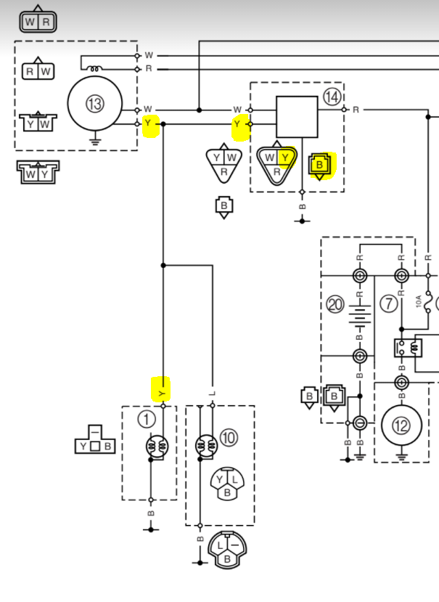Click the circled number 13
coord(95,104)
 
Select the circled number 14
coord(332,97)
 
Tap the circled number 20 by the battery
coord(335,305)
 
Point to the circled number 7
coord(389,304)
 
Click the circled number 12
coord(401,425)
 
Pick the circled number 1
coord(146,419)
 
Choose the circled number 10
coord(229,438)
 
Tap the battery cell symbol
coord(360,316)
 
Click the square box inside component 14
coord(297,117)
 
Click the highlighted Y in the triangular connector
coord(285,158)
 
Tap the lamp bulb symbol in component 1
coord(157,447)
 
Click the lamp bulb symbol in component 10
coord(206,446)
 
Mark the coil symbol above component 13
coord(94,68)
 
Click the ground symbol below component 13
coord(95,141)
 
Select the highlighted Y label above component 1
coord(162,394)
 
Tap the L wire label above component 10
coord(213,394)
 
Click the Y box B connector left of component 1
coord(95,439)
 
